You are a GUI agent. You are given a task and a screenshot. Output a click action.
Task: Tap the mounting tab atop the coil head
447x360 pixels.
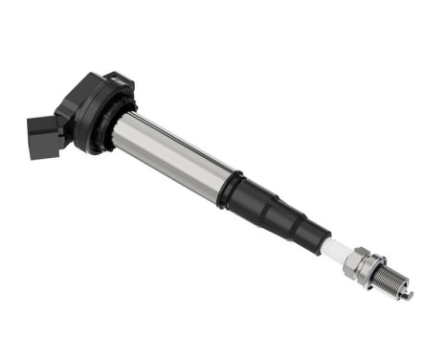pyautogui.click(x=115, y=78)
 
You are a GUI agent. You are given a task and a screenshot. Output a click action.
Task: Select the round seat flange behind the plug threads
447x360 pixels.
pyautogui.click(x=374, y=271)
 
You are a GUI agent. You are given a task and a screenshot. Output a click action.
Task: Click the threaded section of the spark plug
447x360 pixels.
pyautogui.click(x=391, y=281)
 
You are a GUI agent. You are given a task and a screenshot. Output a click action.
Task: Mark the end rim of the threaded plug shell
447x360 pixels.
pyautogui.click(x=401, y=287)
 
